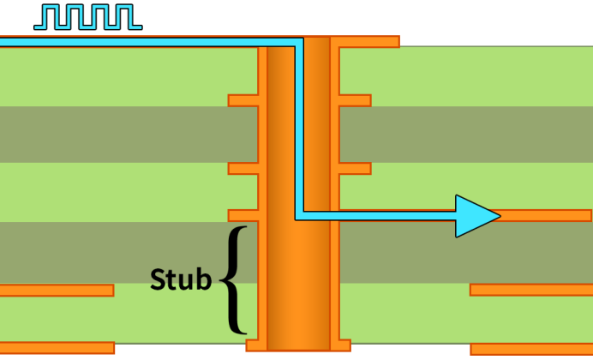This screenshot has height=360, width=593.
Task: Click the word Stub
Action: pyautogui.click(x=181, y=279)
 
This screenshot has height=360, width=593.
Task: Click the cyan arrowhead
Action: pyautogui.click(x=477, y=216)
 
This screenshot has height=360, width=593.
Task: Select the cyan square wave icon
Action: pyautogui.click(x=88, y=17)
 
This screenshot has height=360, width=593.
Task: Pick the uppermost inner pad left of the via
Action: pyautogui.click(x=243, y=100)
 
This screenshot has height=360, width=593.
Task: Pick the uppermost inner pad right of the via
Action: pyautogui.click(x=355, y=100)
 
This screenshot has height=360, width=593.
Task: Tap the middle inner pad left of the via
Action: pyautogui.click(x=243, y=169)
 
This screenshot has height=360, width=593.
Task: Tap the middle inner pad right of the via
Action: pyautogui.click(x=355, y=169)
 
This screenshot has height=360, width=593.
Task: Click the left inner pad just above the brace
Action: pyautogui.click(x=243, y=215)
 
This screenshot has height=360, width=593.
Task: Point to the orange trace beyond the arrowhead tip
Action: pyautogui.click(x=545, y=215)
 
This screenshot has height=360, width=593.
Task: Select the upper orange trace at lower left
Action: pyautogui.click(x=57, y=291)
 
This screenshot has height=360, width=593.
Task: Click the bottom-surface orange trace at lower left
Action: pyautogui.click(x=57, y=348)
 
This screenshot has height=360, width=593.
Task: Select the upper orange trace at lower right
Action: pyautogui.click(x=531, y=290)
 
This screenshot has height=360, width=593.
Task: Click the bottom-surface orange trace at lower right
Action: pyautogui.click(x=531, y=350)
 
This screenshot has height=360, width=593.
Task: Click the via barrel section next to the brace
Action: pyautogui.click(x=298, y=279)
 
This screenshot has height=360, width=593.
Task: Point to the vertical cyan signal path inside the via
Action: pyautogui.click(x=299, y=129)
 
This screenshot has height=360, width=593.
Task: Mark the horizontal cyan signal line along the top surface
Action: pyautogui.click(x=152, y=42)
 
